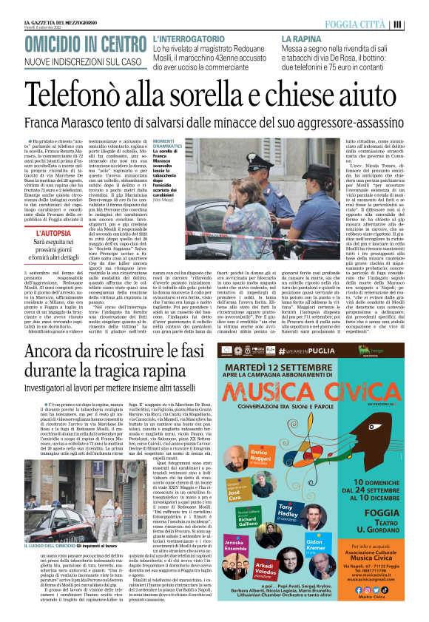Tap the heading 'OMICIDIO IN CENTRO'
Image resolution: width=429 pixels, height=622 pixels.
pos(86,43)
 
